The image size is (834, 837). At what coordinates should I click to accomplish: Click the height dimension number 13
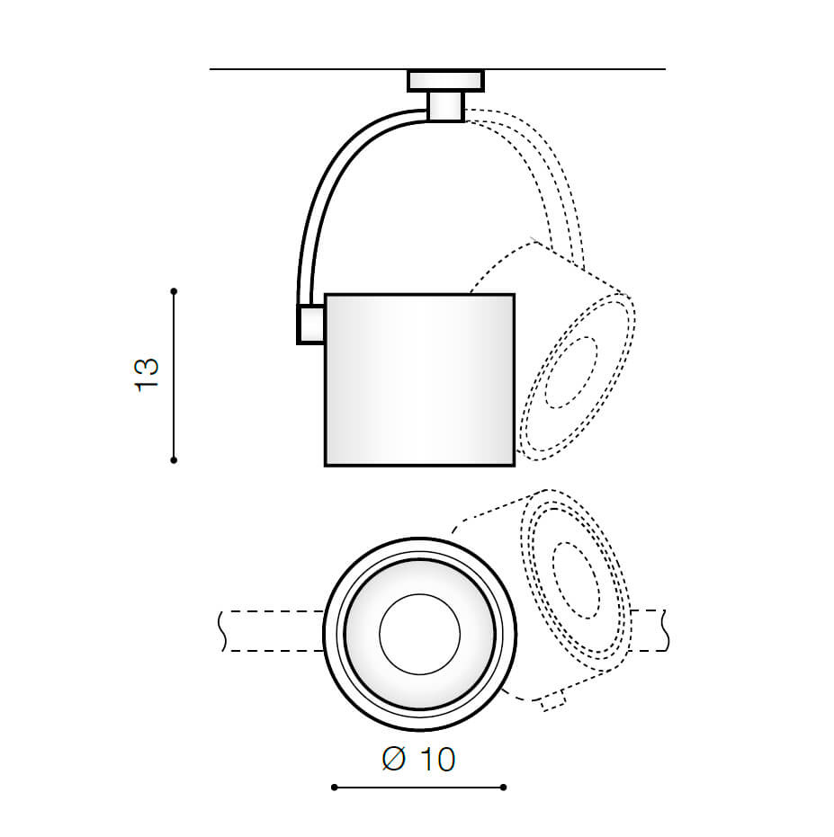click(x=147, y=373)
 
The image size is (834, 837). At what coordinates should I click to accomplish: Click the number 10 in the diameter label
click(x=436, y=760)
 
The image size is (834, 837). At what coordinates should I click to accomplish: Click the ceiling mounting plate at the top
click(x=445, y=81)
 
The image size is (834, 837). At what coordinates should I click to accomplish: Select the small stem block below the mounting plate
click(x=445, y=106)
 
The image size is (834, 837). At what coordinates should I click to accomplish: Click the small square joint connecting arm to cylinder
click(x=310, y=325)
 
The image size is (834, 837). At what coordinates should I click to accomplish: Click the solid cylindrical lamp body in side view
click(x=419, y=378)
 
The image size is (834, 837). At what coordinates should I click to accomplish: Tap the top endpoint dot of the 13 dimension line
click(x=174, y=291)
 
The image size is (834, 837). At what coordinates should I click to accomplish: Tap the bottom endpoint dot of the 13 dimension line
click(x=174, y=459)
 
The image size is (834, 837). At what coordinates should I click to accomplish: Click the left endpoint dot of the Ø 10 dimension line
click(x=334, y=788)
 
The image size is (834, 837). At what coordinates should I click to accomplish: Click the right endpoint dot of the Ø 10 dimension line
click(x=503, y=788)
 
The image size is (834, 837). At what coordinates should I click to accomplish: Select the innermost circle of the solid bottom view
click(x=419, y=634)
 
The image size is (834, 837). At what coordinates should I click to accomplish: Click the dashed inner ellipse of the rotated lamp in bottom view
click(x=576, y=580)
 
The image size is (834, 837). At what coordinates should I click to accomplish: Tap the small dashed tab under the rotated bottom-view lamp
click(x=552, y=702)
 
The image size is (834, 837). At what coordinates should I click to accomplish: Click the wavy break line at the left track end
click(x=221, y=631)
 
